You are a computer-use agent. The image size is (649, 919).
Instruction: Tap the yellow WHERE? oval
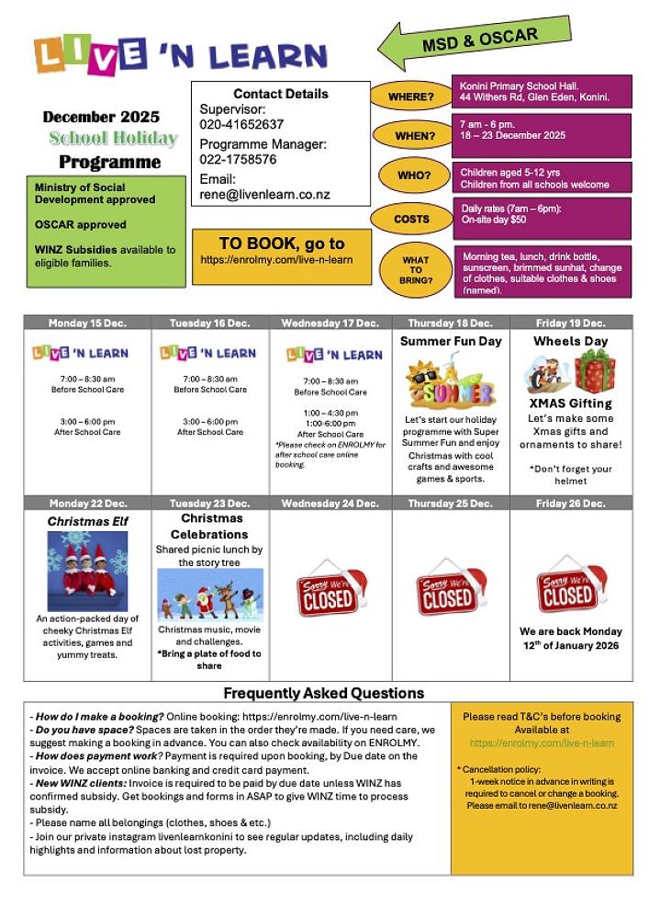(410, 96)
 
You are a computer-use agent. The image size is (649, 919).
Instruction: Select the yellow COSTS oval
(410, 219)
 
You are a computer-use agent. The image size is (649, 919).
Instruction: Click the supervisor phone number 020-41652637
(241, 124)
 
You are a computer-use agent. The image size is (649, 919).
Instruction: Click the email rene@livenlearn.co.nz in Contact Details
(264, 196)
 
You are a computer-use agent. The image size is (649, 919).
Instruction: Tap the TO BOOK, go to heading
(282, 244)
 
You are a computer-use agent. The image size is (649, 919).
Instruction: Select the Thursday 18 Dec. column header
(451, 323)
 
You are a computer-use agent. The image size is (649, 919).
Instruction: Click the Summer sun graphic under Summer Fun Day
(451, 382)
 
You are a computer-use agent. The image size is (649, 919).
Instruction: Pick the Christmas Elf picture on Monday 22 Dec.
(88, 572)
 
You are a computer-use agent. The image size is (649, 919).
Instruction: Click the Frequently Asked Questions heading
(324, 693)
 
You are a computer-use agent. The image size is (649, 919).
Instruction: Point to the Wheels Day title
(570, 341)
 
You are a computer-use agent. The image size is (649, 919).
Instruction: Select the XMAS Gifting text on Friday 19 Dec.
(570, 403)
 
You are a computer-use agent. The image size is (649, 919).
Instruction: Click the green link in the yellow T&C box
(541, 743)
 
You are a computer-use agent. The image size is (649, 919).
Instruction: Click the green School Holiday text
(113, 139)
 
